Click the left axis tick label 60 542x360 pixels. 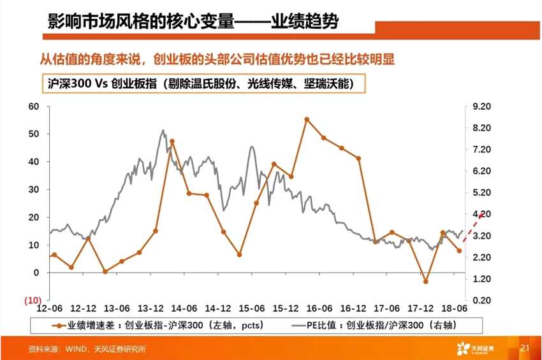coord(33,106)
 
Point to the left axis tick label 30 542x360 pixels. coord(33,190)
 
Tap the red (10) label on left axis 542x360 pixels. coord(33,300)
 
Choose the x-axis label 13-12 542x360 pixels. coord(152,308)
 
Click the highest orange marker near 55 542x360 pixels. coord(307,119)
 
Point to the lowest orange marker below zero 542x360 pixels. coord(425,281)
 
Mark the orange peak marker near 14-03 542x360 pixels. coord(172,141)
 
